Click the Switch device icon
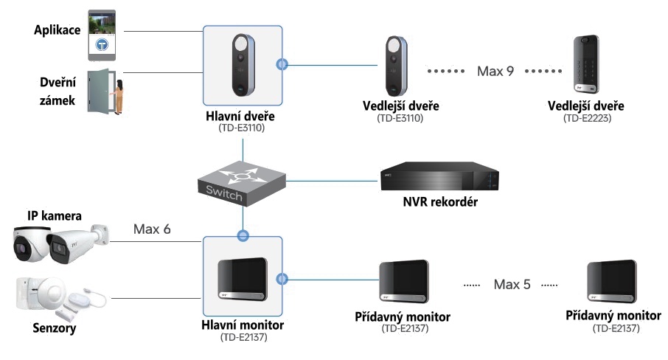coord(243,181)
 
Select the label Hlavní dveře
coord(243,117)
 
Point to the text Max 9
coord(495,72)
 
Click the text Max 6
coord(152,229)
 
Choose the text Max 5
coord(512,284)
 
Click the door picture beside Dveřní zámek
coord(102,92)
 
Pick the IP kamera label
coord(55,215)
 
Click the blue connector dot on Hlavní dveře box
coord(280,65)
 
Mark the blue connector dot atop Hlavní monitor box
coord(243,237)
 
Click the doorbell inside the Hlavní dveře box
coord(243,65)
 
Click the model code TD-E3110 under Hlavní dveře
coord(243,128)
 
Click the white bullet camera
coord(77,243)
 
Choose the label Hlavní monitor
coord(243,325)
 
